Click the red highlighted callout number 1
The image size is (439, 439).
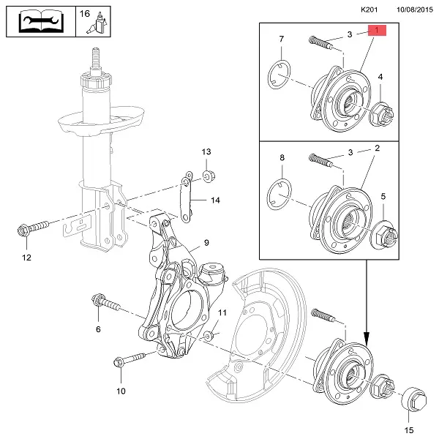pos(378,31)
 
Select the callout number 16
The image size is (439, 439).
pos(85,14)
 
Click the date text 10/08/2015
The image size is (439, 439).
pos(416,10)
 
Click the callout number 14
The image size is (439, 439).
pos(215,200)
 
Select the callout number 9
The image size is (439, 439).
pos(206,243)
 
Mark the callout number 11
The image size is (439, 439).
pos(223,312)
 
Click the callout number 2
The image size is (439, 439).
pos(378,149)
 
